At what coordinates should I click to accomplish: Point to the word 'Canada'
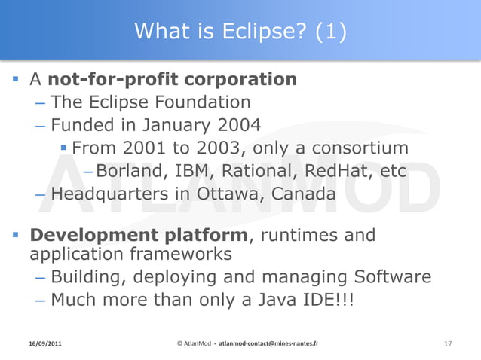click(x=302, y=194)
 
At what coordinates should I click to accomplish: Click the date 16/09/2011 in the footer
click(x=41, y=343)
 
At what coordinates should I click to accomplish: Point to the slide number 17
click(x=448, y=343)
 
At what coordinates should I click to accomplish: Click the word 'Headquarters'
click(x=107, y=194)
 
